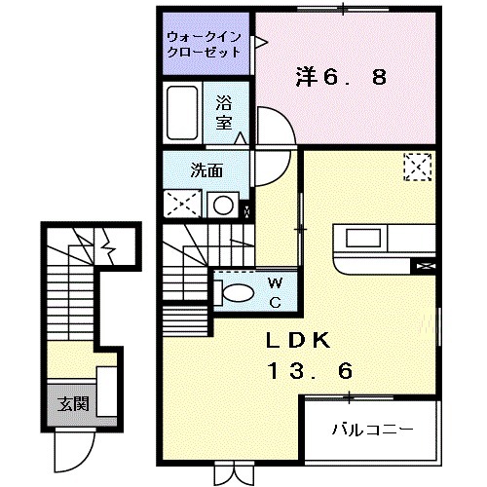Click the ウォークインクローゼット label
[207, 43]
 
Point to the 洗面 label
[207, 169]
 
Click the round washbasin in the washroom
[223, 206]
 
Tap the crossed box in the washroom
[181, 205]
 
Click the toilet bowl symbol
[231, 290]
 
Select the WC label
[275, 292]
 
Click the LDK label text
[300, 341]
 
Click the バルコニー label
[372, 428]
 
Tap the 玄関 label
[66, 403]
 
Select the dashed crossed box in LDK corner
[417, 167]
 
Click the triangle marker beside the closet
[261, 40]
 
